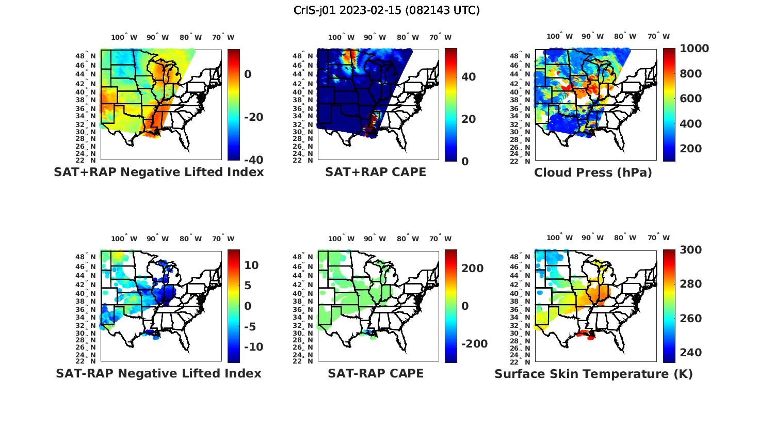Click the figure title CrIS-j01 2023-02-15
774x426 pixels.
click(386, 10)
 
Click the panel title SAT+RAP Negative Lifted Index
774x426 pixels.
click(158, 172)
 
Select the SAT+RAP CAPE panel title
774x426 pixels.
click(376, 172)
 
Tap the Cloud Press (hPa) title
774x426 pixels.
click(593, 172)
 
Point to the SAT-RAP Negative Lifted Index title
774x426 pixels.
click(158, 373)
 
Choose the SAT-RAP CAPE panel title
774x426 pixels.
click(376, 373)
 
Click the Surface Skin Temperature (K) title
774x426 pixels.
click(593, 374)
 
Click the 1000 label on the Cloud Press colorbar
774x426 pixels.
click(694, 49)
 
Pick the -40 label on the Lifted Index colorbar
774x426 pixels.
click(253, 160)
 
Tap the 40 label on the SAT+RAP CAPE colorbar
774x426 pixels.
click(469, 77)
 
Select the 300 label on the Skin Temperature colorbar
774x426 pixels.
click(691, 250)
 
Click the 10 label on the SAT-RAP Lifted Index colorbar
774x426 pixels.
click(251, 265)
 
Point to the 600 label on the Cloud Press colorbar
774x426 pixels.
click(691, 99)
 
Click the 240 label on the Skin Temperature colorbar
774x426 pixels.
click(691, 353)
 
